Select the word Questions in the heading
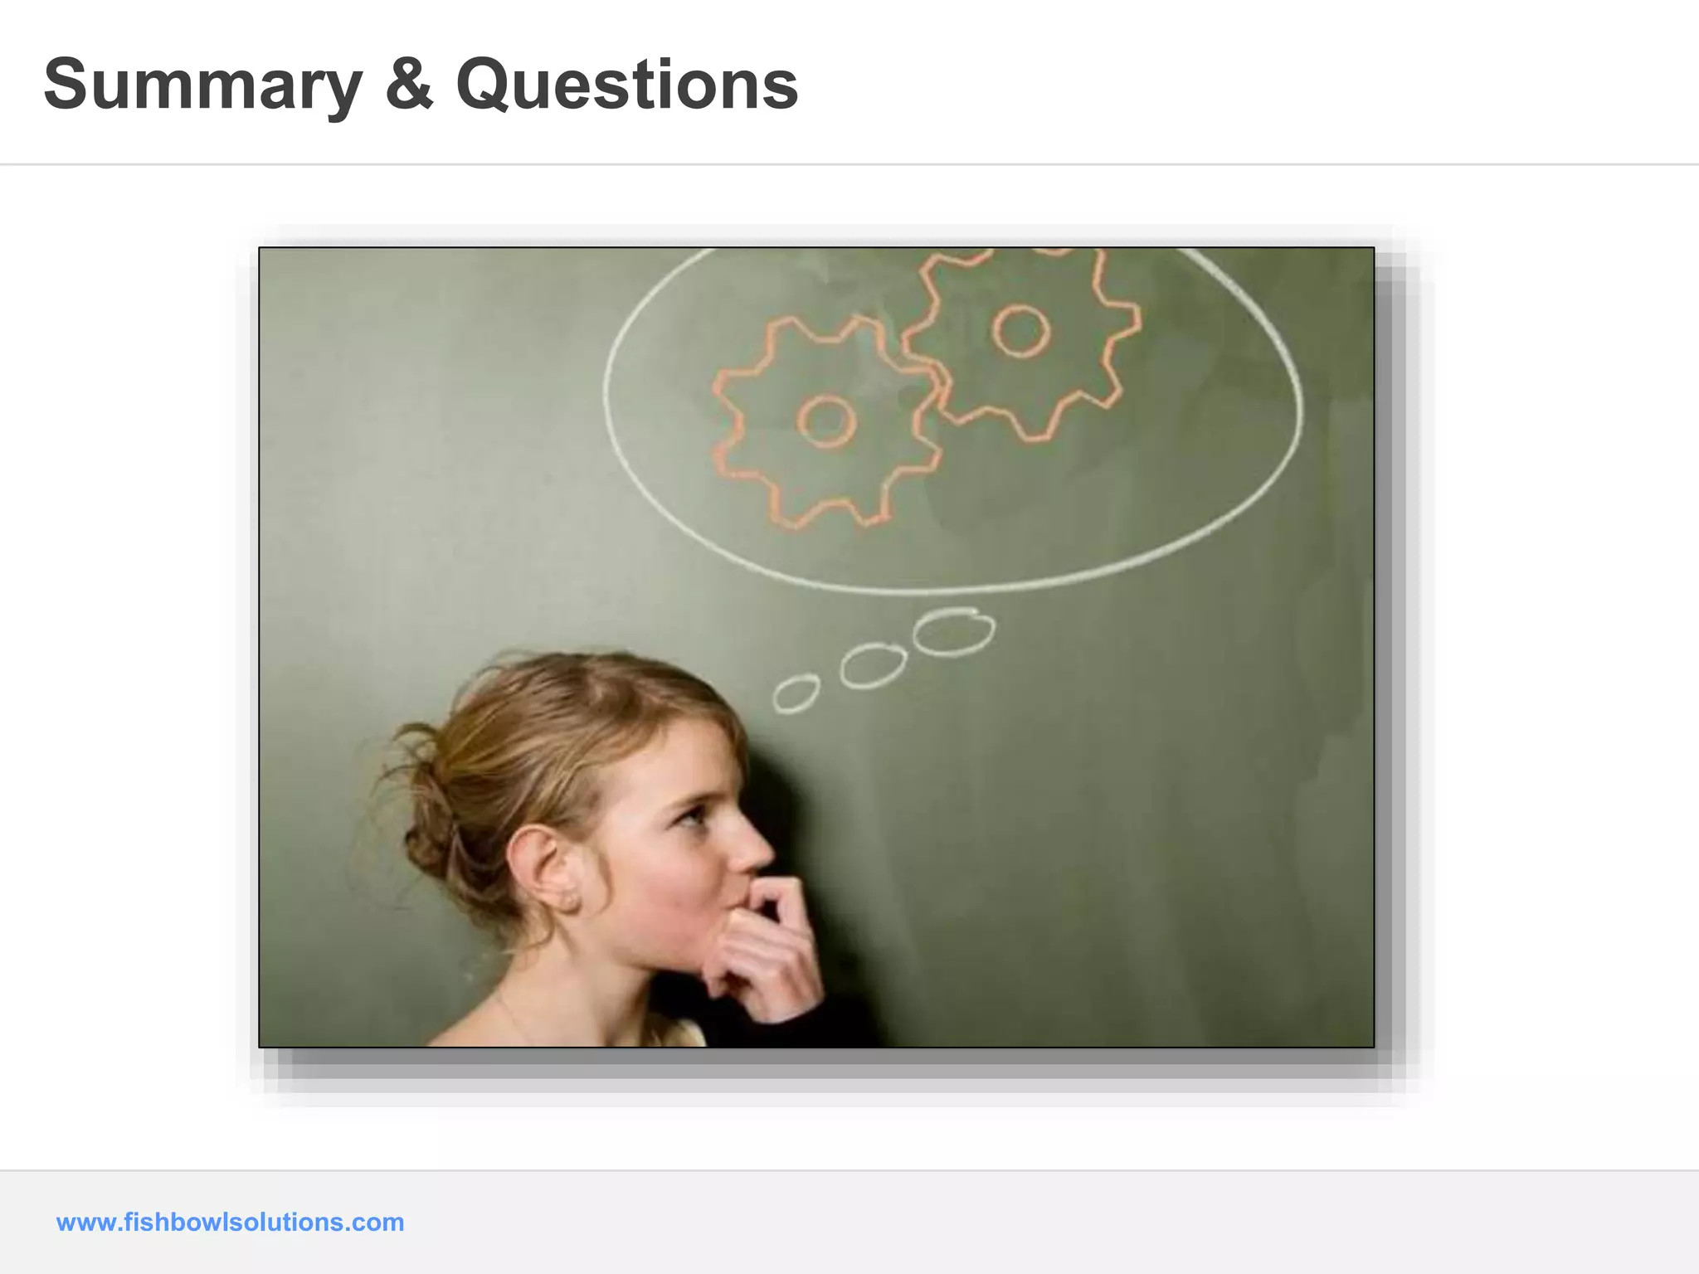tap(627, 85)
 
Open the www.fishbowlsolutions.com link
tap(230, 1222)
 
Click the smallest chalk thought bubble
tap(796, 693)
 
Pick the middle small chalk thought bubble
tap(873, 665)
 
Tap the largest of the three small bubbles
tap(954, 632)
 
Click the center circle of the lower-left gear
tap(826, 421)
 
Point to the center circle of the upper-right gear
tap(1020, 330)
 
